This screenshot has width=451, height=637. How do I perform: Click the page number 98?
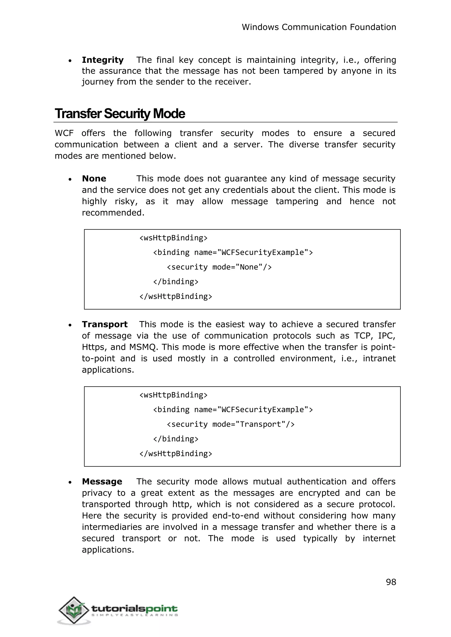(391, 582)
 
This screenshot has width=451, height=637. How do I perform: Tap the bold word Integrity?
(102, 60)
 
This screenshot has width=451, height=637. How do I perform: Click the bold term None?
(94, 179)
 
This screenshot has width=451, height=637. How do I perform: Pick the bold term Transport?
(105, 324)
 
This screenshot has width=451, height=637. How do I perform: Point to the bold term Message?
(102, 481)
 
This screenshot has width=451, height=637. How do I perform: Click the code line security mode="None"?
(219, 267)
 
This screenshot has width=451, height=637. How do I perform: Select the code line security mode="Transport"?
(231, 424)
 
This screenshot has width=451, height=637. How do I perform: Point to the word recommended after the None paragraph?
(113, 213)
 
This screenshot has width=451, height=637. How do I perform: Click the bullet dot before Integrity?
(70, 61)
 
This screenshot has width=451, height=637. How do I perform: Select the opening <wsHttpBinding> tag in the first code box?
(173, 238)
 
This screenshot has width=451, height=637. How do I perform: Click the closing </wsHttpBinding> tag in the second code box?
(176, 453)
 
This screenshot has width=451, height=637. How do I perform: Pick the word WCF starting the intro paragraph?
(64, 133)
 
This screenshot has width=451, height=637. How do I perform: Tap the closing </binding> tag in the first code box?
(176, 282)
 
